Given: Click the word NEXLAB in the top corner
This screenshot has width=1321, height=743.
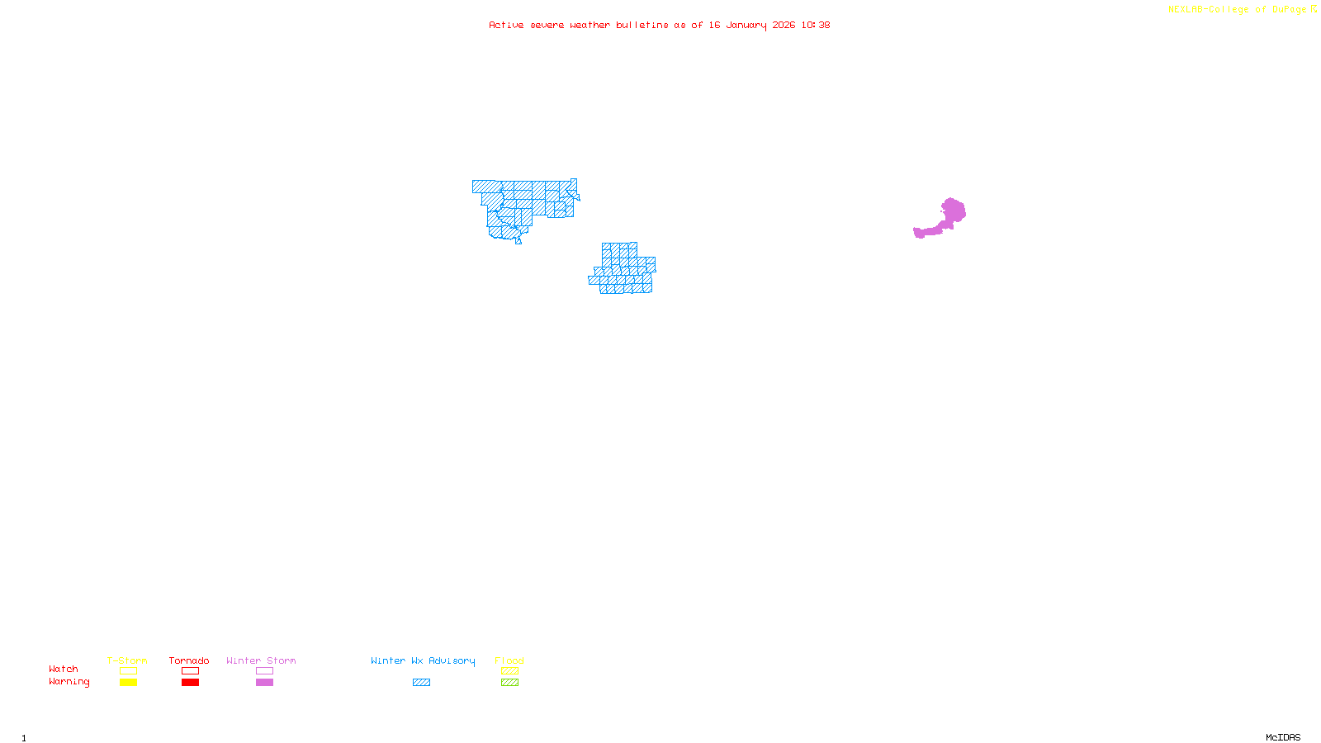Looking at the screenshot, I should tap(1186, 10).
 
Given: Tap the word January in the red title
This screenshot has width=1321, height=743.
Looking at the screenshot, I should tap(746, 25).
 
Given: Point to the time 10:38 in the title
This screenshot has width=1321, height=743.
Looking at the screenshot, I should tap(815, 25).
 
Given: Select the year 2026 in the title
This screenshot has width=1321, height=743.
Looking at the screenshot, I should tap(784, 25).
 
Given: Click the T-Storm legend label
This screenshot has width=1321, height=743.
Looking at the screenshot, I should tap(127, 660).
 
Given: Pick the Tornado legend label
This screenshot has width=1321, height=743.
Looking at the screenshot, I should tap(189, 660).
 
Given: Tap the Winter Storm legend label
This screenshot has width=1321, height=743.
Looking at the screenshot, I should tap(261, 660).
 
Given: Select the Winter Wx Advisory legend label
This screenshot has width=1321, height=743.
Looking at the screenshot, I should tap(423, 660).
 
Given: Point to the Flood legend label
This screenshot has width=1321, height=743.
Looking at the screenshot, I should tap(509, 660).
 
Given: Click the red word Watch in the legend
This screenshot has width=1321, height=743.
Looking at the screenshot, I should tap(64, 669).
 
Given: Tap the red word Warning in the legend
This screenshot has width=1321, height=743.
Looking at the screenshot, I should tap(69, 682).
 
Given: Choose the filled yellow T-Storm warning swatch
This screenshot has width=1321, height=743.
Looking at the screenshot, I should tap(128, 683).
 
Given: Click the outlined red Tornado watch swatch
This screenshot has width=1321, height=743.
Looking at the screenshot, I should tap(190, 671).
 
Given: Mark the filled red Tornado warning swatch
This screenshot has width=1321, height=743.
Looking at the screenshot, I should tap(190, 683).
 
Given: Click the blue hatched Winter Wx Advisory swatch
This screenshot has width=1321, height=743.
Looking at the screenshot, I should tap(421, 683).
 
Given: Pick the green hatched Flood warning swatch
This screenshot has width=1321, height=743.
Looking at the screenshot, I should tap(509, 683).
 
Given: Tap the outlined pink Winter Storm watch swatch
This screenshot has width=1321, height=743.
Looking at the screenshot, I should tap(264, 671).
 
